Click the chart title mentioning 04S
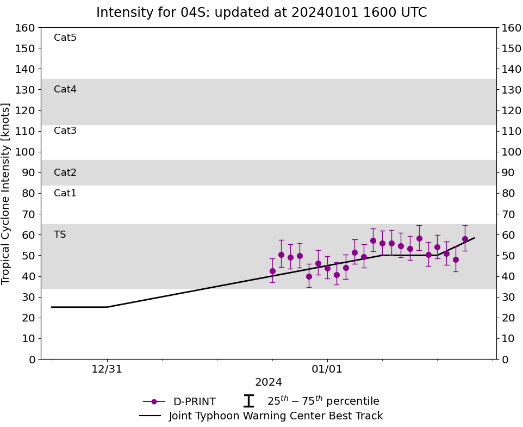click(261, 13)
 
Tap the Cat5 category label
click(65, 38)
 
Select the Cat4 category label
click(65, 89)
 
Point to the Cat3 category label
click(65, 131)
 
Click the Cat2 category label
click(65, 172)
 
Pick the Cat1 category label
click(65, 193)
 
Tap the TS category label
click(60, 234)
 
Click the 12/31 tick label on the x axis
click(107, 369)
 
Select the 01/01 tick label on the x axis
click(327, 369)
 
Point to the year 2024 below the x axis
click(269, 382)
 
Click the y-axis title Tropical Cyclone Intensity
click(6, 193)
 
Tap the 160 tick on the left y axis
click(25, 28)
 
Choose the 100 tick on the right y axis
click(512, 152)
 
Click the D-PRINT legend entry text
click(194, 402)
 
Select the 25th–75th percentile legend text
click(323, 401)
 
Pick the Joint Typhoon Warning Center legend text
click(276, 416)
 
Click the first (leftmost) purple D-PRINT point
click(272, 271)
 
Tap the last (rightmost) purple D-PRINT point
click(465, 239)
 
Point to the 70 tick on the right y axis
click(508, 214)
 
